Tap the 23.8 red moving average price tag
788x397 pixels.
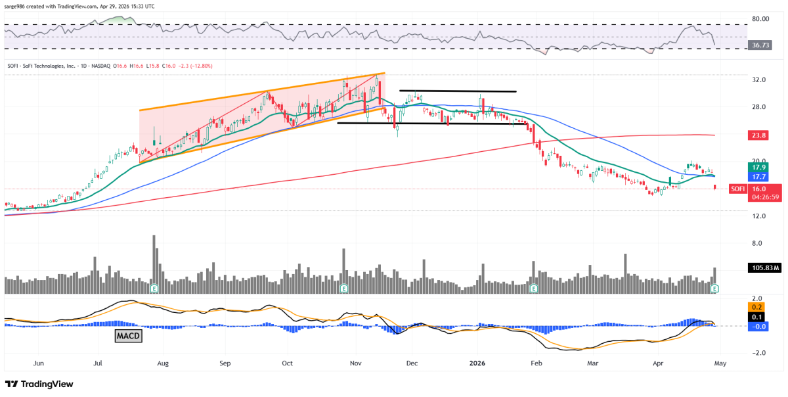click(x=737, y=135)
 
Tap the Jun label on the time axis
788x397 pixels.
click(x=38, y=362)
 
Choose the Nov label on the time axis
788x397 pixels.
click(x=356, y=362)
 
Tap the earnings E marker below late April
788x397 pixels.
click(x=715, y=289)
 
